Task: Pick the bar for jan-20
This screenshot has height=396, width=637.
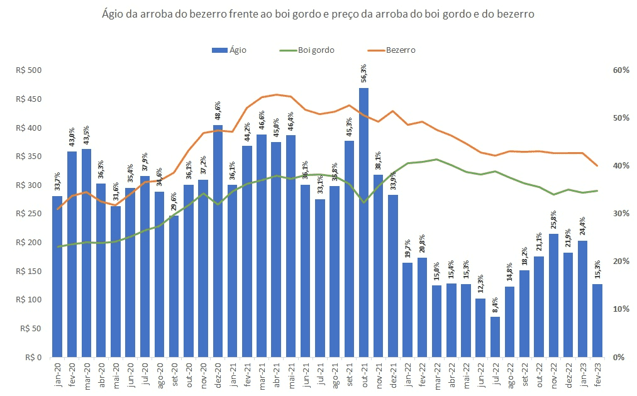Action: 57,277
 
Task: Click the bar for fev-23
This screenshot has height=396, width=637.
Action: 597,321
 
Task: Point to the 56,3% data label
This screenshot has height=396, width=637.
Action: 363,74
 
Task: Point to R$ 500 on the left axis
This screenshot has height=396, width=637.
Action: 28,70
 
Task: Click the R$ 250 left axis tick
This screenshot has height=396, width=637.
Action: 28,214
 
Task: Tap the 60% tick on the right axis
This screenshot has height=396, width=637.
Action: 621,70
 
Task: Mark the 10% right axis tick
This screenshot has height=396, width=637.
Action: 621,309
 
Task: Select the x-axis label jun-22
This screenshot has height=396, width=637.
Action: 480,377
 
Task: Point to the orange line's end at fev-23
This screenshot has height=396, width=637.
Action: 597,166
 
